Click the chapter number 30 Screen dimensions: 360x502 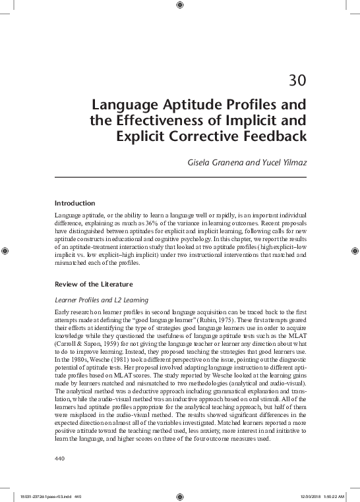coord(297,82)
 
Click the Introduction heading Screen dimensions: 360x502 coord(75,203)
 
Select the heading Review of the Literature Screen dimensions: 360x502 coord(94,284)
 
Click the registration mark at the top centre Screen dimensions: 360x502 coord(180,6)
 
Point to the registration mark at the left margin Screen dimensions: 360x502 coord(5,251)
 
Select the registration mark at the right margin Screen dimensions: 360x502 coord(355,251)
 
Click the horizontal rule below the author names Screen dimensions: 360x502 coord(180,177)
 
